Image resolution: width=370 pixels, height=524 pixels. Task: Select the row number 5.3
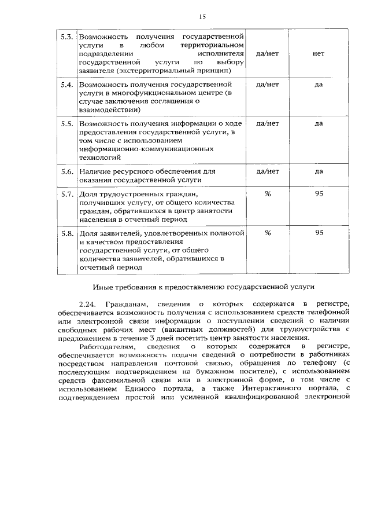[66, 36]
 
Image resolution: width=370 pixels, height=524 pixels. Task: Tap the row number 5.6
[66, 171]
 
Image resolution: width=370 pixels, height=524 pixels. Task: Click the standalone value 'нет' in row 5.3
[318, 53]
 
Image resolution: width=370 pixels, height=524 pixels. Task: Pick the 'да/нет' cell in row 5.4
[268, 84]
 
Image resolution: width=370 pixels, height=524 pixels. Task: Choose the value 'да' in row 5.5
[318, 123]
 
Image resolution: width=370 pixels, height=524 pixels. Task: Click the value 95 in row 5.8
[319, 233]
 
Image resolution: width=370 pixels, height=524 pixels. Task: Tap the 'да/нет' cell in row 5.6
[268, 171]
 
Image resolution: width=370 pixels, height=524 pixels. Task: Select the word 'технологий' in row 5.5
[99, 157]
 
